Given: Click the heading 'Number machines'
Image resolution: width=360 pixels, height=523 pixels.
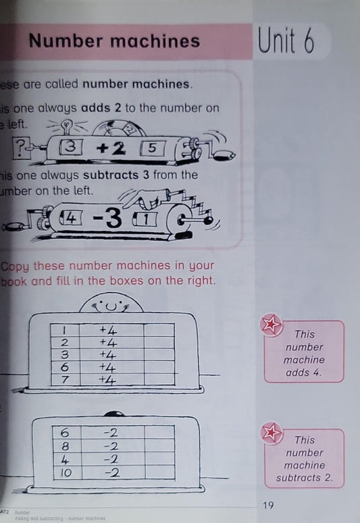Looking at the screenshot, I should [114, 42].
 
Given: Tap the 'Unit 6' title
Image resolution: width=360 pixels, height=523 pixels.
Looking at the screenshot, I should [286, 42].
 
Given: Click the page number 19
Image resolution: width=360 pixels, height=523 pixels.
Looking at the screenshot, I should [269, 504].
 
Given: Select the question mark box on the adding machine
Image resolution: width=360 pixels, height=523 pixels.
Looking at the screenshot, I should [23, 146].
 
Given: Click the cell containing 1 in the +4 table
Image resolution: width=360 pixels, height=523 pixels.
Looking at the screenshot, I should [65, 331].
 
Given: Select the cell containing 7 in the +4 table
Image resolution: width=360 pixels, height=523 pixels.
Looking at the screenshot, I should [65, 380].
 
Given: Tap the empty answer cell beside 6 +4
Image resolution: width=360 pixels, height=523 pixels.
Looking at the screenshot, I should [159, 367].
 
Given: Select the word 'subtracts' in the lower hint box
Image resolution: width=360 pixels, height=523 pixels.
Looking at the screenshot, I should [304, 478].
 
